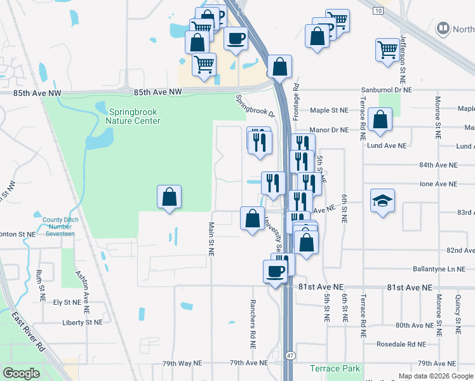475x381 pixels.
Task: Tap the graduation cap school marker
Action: [x=382, y=201]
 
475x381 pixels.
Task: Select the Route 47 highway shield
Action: [x=290, y=356]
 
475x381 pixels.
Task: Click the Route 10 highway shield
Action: [x=378, y=11]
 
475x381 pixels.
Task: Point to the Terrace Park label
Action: [x=335, y=368]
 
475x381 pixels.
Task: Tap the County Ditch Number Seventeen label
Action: [x=58, y=227]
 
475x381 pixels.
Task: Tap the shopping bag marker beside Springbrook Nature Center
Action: [x=170, y=197]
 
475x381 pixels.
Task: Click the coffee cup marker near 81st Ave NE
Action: [x=275, y=271]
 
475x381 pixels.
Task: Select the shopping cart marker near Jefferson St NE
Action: [x=387, y=50]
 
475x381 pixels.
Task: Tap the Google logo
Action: [x=22, y=373]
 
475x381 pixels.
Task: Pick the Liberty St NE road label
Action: [x=82, y=322]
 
